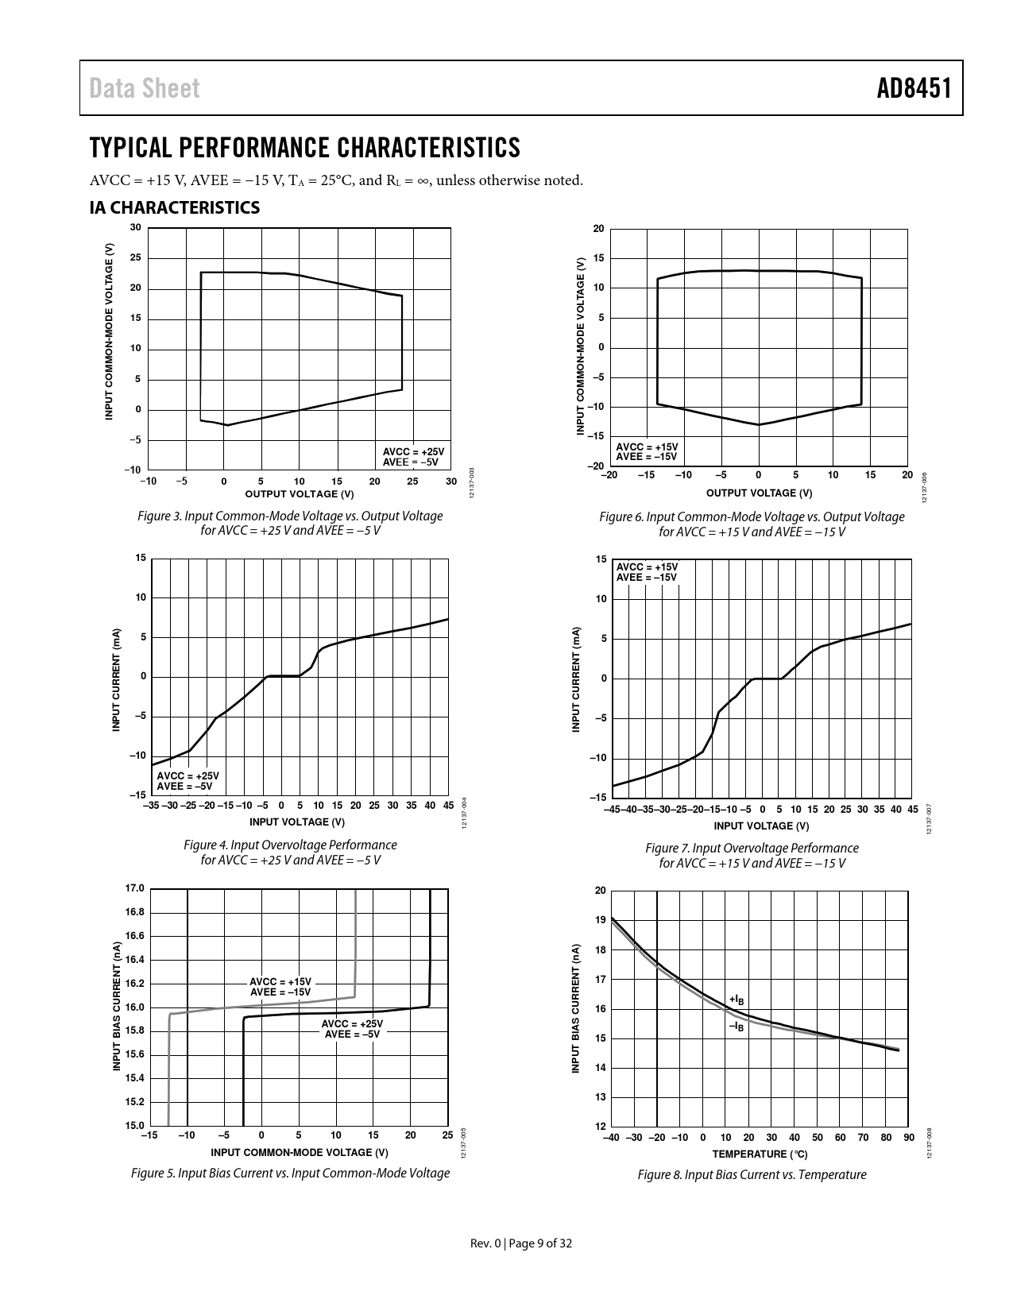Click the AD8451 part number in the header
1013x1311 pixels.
tap(914, 88)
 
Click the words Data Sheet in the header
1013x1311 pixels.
tap(145, 88)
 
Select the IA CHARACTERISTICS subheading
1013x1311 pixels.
tap(174, 208)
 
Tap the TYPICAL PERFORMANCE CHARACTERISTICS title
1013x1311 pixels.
tap(305, 148)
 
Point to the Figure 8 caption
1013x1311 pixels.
tap(752, 1174)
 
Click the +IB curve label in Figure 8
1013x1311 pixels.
tap(737, 1000)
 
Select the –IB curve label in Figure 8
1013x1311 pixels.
tap(737, 1027)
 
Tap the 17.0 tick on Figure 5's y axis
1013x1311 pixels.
tap(135, 888)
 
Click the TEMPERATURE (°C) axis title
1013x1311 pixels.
tap(760, 1154)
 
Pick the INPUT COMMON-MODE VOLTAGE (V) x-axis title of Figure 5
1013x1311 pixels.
tap(300, 1152)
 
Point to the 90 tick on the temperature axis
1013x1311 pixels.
tap(909, 1138)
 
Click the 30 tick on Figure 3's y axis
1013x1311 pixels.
tap(135, 228)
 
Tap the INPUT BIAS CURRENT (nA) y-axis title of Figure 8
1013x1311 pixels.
tap(577, 1009)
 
